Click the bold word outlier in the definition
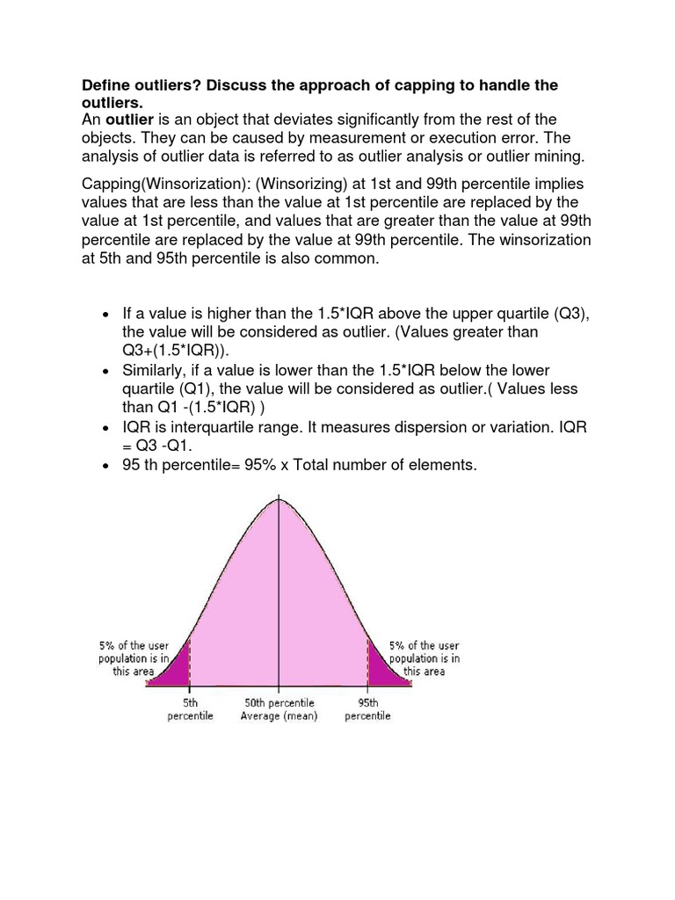click(130, 119)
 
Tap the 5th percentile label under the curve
click(190, 709)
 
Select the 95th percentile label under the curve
click(367, 709)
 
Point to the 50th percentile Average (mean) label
click(279, 709)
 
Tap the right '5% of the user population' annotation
click(425, 658)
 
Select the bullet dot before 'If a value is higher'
click(105, 314)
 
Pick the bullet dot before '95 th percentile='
click(105, 466)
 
